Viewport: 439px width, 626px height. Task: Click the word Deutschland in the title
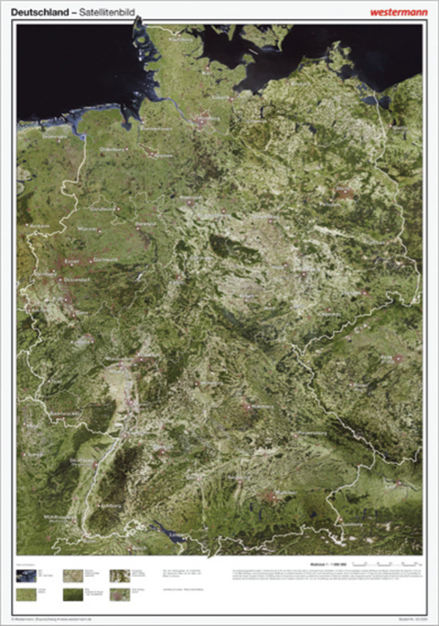45,12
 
